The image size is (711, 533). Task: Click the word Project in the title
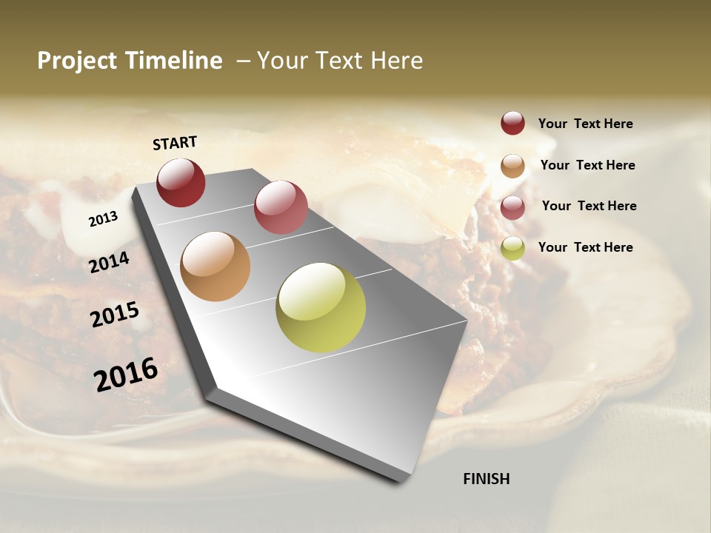click(x=77, y=61)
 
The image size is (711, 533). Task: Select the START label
click(x=175, y=143)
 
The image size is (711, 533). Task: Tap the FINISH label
click(x=487, y=479)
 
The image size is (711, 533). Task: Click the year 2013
click(x=103, y=218)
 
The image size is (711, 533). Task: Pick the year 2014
click(x=110, y=262)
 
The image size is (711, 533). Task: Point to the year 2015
click(x=115, y=314)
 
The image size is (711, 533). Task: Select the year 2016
click(x=126, y=374)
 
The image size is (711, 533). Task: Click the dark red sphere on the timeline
click(x=181, y=182)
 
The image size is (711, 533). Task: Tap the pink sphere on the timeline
click(x=281, y=207)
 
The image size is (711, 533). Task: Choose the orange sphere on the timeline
click(x=216, y=266)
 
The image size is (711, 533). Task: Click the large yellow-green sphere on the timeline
click(x=321, y=307)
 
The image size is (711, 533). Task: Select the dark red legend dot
click(x=513, y=123)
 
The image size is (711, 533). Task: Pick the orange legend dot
click(x=513, y=166)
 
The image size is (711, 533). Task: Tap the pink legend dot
click(x=513, y=207)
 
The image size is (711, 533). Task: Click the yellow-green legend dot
click(x=513, y=248)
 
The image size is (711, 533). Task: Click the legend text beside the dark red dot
click(x=585, y=124)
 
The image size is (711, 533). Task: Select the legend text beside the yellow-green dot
click(x=585, y=247)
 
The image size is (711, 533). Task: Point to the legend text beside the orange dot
click(x=587, y=165)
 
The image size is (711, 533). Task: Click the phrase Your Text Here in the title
click(x=340, y=61)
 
